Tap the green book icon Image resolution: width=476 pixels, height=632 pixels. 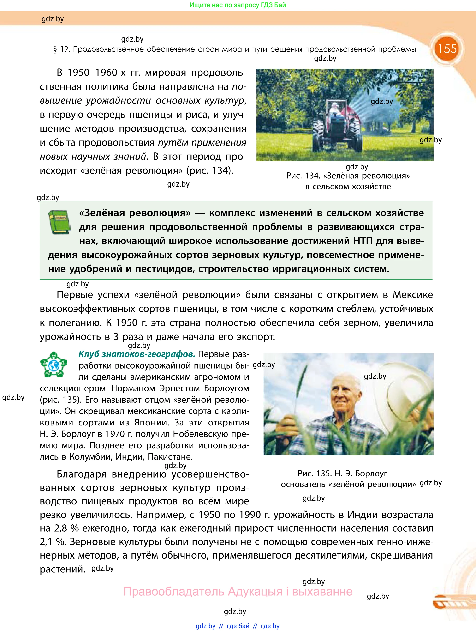(x=59, y=222)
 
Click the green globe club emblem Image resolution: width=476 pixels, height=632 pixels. (x=54, y=365)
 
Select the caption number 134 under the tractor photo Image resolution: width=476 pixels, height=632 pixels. (x=313, y=176)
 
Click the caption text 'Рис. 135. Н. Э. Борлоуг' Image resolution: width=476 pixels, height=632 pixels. (x=342, y=474)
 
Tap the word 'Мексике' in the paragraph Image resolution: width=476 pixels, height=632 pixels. (x=413, y=295)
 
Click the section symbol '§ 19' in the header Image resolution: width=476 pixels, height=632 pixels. (x=61, y=49)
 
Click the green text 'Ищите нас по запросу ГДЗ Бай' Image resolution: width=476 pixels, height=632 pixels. (x=238, y=5)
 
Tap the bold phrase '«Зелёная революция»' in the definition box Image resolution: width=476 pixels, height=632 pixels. (x=135, y=213)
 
